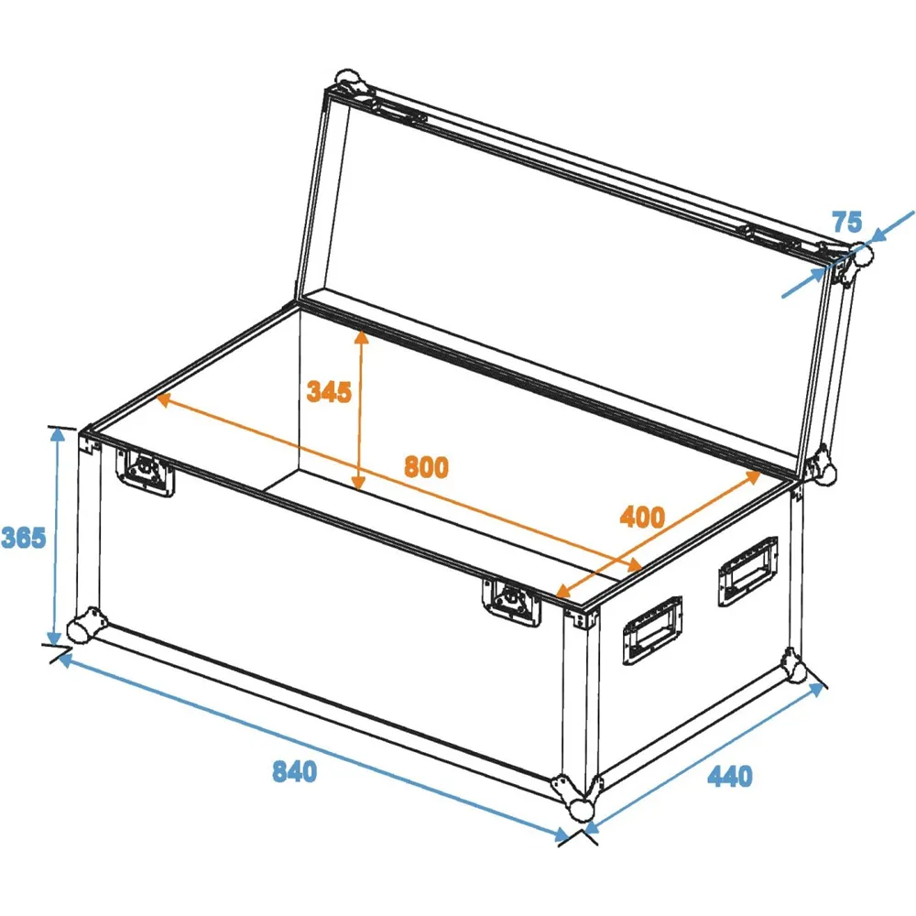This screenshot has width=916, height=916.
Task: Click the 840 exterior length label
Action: click(294, 771)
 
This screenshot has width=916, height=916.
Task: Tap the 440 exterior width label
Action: click(730, 776)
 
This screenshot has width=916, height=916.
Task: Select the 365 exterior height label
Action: click(24, 538)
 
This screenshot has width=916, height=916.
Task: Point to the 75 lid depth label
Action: click(847, 222)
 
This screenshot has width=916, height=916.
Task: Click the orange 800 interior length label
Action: click(427, 467)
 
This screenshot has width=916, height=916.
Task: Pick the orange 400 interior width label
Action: click(642, 517)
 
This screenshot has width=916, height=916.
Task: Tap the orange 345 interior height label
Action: click(329, 391)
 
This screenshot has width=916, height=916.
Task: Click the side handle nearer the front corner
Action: click(652, 630)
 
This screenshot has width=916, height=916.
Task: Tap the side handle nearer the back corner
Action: click(747, 570)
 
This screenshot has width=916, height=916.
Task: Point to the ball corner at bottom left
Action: click(86, 627)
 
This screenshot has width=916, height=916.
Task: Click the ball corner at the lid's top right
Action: click(857, 257)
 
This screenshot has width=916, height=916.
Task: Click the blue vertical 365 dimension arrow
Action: click(56, 536)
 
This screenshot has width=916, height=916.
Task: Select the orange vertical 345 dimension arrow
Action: click(360, 410)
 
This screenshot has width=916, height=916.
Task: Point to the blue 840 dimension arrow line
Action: click(313, 747)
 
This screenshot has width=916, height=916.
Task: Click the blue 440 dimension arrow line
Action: click(704, 758)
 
